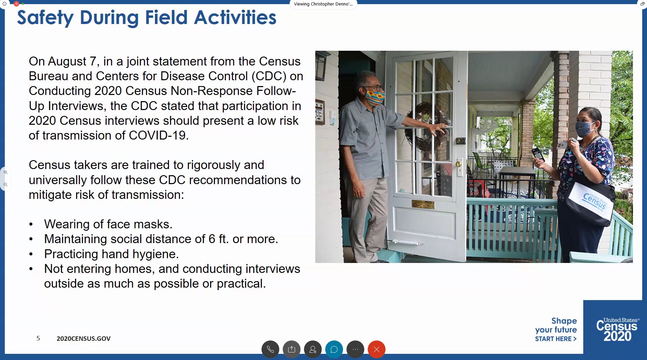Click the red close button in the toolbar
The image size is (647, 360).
[376, 349]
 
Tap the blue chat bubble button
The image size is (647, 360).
[334, 349]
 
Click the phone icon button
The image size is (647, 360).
[270, 349]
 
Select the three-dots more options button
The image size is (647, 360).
[355, 349]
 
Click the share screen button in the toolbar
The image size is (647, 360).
[291, 349]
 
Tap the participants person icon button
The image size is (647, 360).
[313, 349]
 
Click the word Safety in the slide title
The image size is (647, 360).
[45, 18]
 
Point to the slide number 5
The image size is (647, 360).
[38, 338]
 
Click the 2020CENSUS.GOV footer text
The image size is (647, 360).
[84, 339]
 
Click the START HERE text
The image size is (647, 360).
[556, 339]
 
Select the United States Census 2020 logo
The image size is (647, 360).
[617, 329]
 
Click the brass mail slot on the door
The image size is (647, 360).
[423, 205]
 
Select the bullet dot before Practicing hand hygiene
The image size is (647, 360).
[31, 254]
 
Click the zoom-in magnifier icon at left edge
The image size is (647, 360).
[5, 172]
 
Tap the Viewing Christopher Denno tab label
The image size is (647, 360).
[323, 4]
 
